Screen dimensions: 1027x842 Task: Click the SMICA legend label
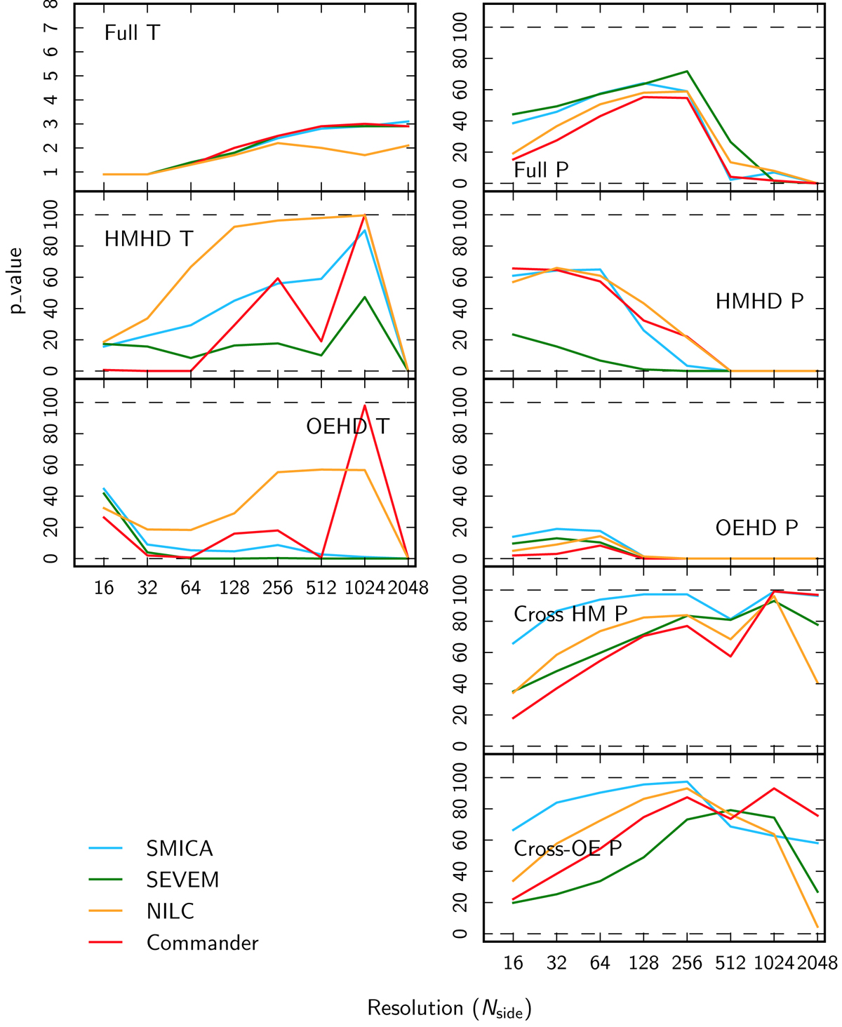pos(179,849)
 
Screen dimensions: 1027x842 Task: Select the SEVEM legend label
pos(182,880)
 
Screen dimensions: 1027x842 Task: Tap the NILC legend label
pos(170,911)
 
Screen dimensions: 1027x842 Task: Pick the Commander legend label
pos(202,943)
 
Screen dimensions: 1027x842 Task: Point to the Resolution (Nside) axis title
pos(449,1009)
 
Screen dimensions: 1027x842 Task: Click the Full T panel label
pos(132,33)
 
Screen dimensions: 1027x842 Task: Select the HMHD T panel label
pos(148,239)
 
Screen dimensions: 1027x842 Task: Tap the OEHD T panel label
pos(347,427)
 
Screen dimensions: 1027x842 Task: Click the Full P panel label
pos(541,170)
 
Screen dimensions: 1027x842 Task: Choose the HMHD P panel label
pos(759,302)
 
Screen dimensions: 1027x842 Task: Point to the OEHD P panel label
pos(756,528)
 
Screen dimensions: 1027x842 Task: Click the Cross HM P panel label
pos(570,615)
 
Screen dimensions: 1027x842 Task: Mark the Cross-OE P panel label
pos(568,849)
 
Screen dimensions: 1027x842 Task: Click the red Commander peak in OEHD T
pos(365,405)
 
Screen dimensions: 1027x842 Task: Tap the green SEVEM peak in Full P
pos(687,72)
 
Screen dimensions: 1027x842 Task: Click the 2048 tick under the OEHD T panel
pos(408,588)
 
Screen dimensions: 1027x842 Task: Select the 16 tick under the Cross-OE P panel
pos(514,963)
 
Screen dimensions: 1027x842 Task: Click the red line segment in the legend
pos(106,943)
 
